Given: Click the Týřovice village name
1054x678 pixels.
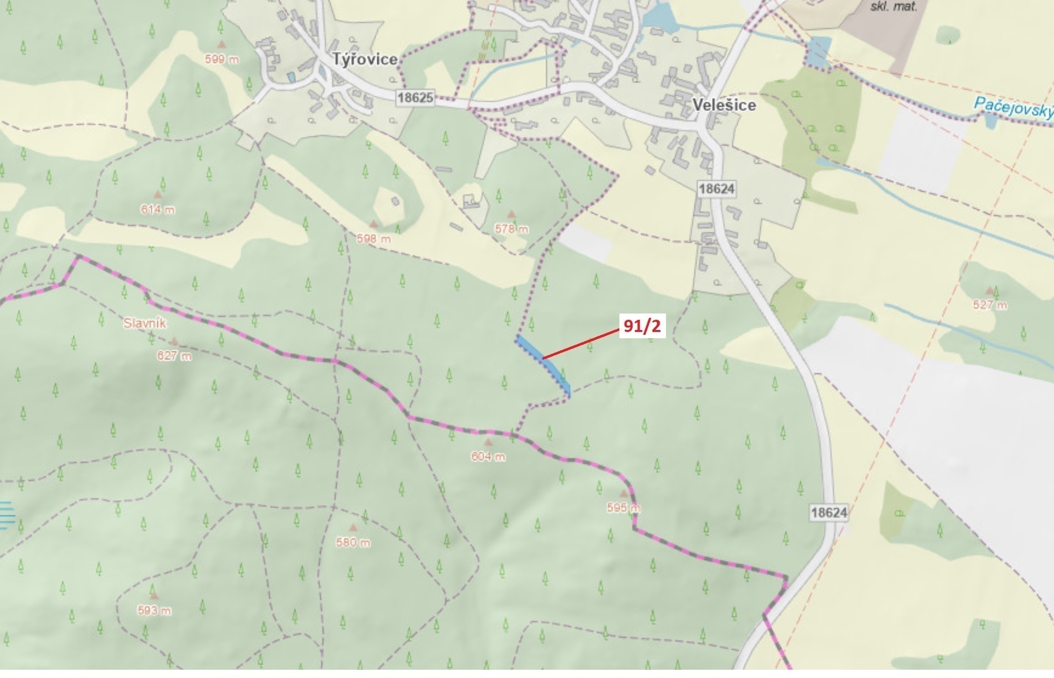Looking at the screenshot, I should (365, 60).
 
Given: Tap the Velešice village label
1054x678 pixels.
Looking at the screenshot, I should (724, 105).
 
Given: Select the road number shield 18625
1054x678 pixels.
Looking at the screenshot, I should (415, 98).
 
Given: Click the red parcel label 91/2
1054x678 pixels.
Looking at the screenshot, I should (642, 326).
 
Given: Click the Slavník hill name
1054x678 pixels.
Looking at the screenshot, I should (145, 323).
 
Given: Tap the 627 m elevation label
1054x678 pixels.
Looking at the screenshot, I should (174, 356).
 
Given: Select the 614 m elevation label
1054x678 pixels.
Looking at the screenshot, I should (158, 210).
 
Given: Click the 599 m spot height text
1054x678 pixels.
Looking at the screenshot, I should (222, 60).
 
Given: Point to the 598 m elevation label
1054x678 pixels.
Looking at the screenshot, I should (373, 239).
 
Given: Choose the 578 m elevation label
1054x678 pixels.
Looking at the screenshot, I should (511, 229).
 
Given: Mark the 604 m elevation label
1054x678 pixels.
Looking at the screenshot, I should (488, 457).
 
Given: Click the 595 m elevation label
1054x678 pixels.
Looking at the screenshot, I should (623, 508).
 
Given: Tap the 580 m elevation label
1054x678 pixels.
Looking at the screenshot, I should (353, 542).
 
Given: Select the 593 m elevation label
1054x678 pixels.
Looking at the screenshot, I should (154, 611).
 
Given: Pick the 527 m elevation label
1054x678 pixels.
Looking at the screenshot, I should (990, 305).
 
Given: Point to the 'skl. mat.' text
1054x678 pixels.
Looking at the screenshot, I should (894, 7).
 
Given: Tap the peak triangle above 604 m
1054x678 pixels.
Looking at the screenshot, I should (488, 443).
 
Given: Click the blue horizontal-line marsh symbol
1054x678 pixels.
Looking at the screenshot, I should (7, 515).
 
